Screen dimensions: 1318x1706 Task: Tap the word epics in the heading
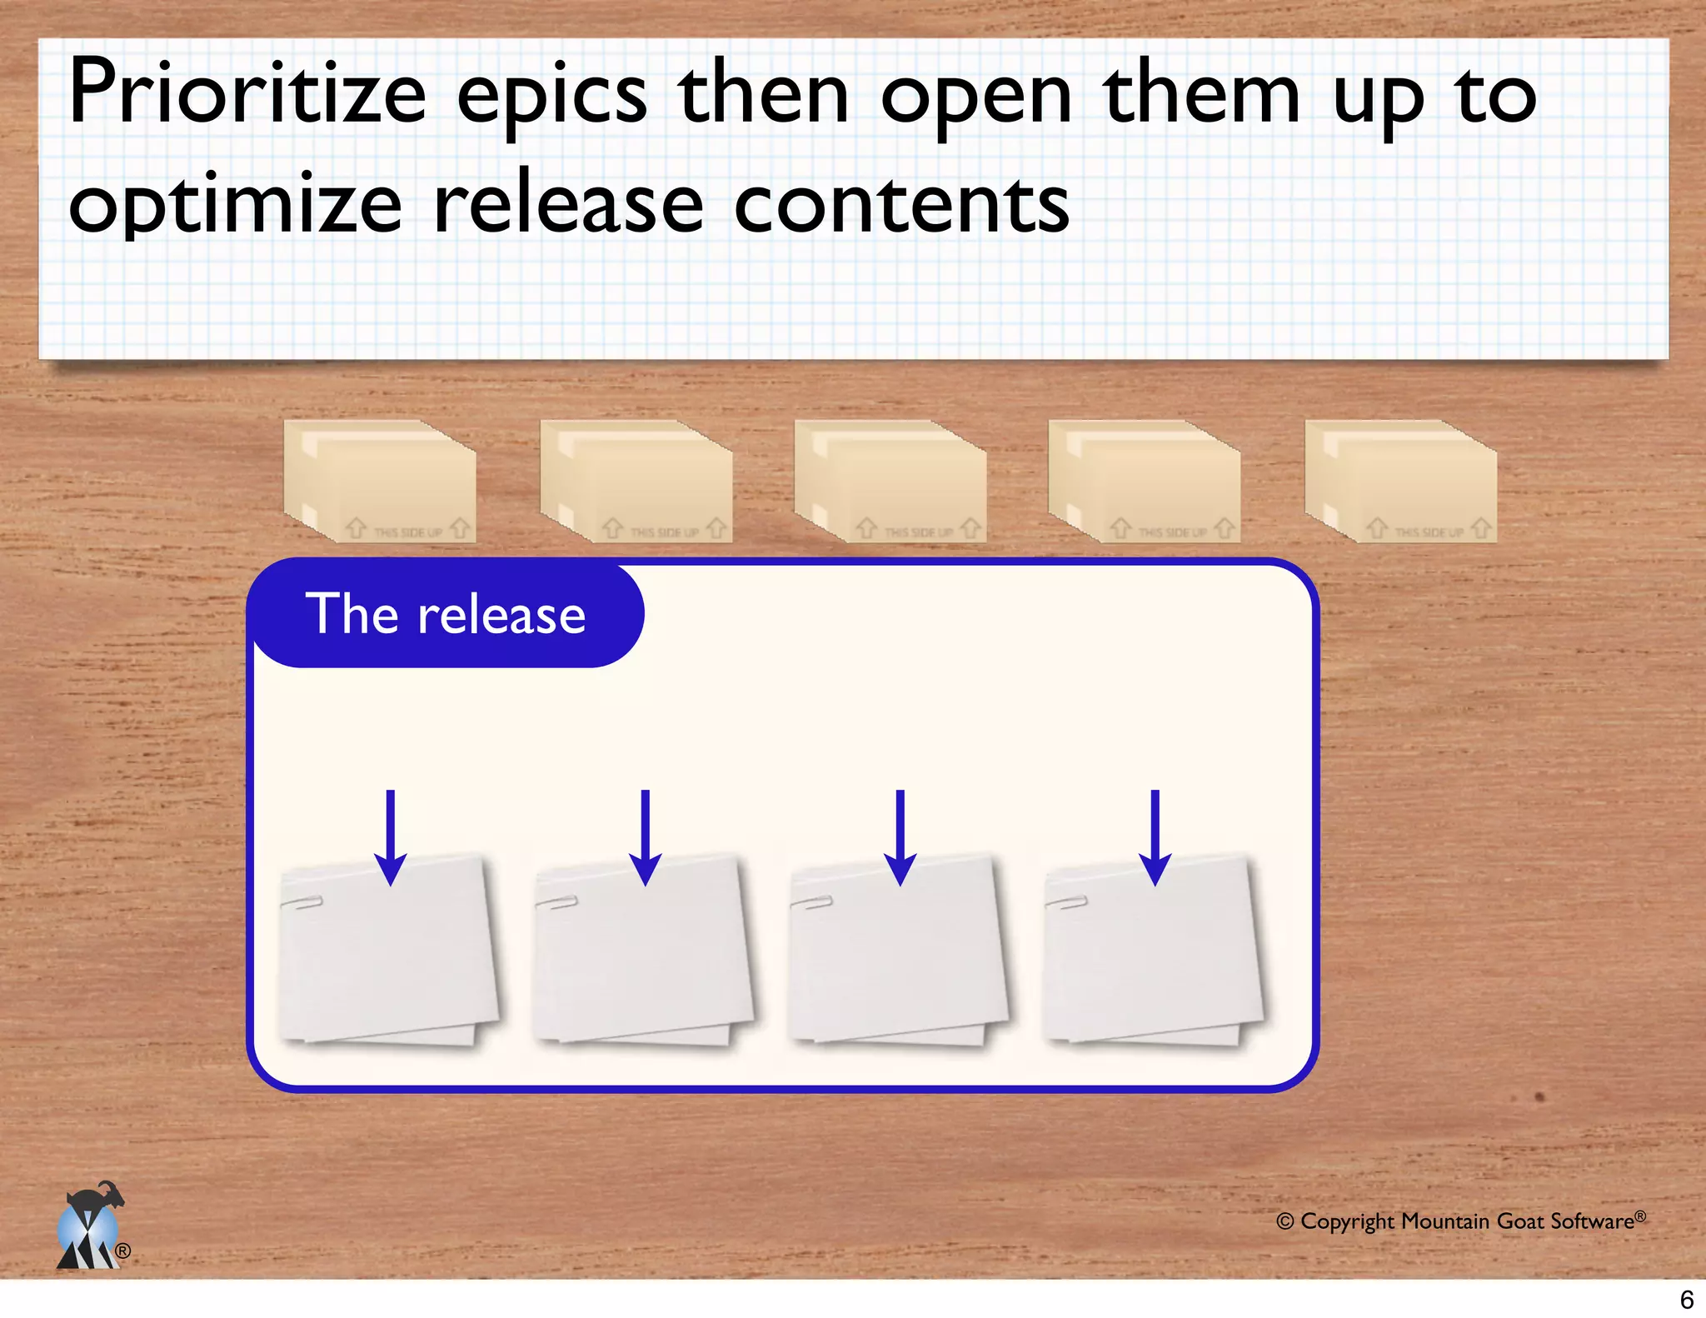[x=551, y=96]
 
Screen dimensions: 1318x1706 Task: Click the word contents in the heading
[x=901, y=204]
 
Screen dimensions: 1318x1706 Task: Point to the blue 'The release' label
[x=446, y=615]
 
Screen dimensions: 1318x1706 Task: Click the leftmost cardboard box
[x=380, y=482]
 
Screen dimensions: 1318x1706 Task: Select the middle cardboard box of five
[x=890, y=482]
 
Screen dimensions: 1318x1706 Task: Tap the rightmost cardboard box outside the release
[x=1401, y=482]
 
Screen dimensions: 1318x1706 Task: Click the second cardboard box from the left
[x=636, y=482]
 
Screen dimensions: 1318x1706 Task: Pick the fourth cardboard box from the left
[x=1145, y=482]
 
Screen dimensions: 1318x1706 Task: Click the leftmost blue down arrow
[x=390, y=837]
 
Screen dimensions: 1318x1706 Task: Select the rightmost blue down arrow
[x=1155, y=837]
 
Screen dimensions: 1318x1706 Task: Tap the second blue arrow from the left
[x=645, y=837]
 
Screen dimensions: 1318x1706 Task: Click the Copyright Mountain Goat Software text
[x=1460, y=1221]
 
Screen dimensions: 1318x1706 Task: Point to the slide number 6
[x=1686, y=1299]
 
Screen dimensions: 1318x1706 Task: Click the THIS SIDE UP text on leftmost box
[x=407, y=532]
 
